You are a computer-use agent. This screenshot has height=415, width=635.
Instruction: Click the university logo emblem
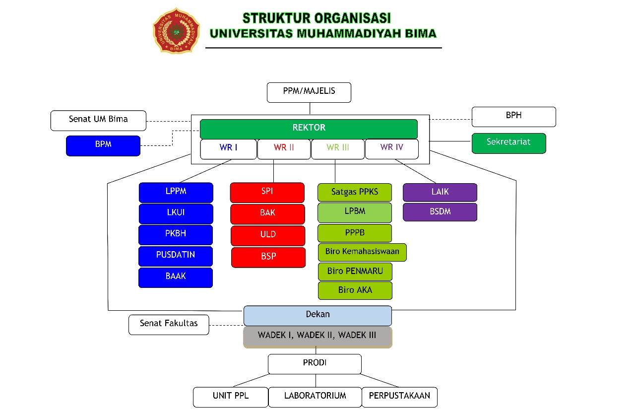point(176,30)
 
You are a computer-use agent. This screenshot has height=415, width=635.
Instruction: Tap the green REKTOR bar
point(309,129)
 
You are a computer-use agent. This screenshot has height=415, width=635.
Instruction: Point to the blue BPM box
point(103,145)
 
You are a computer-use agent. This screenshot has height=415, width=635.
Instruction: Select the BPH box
point(513,117)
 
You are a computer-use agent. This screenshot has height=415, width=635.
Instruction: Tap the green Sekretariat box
point(508,143)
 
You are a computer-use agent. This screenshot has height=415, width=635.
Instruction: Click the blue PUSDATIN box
point(176,256)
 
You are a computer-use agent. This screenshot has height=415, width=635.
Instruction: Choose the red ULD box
point(268,235)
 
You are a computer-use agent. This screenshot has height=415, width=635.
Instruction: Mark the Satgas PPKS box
point(355,192)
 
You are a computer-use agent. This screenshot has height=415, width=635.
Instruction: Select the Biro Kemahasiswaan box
point(362,252)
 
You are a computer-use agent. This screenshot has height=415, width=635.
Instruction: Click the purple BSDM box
point(440,212)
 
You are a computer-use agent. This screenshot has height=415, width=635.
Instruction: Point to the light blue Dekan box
point(317,315)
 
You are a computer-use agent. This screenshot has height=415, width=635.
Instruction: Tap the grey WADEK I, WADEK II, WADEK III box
point(317,337)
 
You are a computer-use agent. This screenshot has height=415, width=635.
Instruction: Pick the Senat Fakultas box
point(169,325)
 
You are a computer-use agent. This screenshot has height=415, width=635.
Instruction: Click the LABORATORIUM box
point(315,397)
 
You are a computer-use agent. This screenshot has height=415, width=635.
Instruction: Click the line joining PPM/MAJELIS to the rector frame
point(310,108)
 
